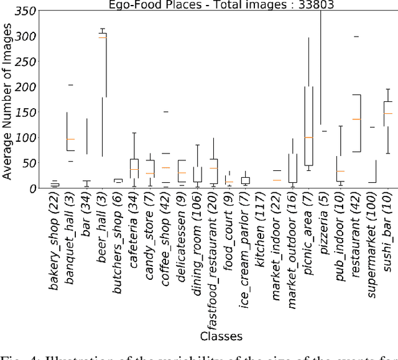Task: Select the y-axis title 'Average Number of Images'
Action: pos(8,99)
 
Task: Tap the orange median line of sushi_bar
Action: pos(388,113)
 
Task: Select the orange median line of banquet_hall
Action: pos(70,139)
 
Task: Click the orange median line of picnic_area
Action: pos(308,137)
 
